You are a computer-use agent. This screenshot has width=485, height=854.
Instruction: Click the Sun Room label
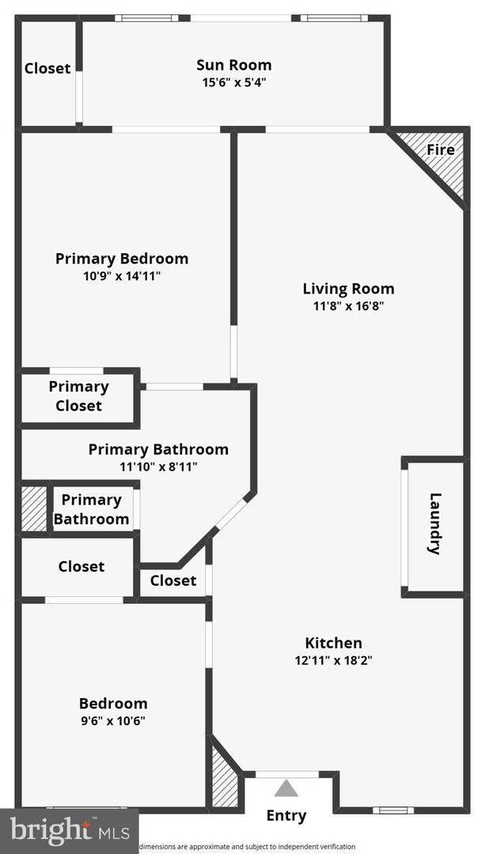(x=233, y=65)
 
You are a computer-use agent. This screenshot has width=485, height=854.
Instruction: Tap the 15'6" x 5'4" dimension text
(x=233, y=81)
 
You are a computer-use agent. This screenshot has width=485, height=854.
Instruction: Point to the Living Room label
(x=348, y=289)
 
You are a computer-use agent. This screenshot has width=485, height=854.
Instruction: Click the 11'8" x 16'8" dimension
(x=348, y=306)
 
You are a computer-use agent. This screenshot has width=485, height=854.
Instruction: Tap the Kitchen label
(x=333, y=643)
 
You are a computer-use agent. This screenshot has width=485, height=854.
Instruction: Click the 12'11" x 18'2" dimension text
(x=333, y=660)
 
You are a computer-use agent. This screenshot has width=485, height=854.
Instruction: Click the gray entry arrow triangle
(x=286, y=788)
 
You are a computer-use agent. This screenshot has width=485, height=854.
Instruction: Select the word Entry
(x=286, y=815)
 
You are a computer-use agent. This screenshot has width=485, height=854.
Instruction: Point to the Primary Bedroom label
(x=122, y=259)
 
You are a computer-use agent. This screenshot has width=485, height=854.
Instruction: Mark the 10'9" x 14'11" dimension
(x=122, y=276)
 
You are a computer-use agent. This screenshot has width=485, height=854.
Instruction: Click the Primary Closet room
(x=78, y=396)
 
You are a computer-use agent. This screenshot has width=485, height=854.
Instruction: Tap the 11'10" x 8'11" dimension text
(x=158, y=467)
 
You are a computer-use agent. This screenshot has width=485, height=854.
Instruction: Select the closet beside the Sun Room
(x=47, y=69)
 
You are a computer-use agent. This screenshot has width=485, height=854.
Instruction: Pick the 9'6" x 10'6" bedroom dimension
(x=112, y=720)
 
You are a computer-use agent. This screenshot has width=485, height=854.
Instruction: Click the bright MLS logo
(x=68, y=830)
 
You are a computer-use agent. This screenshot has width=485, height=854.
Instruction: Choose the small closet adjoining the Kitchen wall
(x=172, y=580)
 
